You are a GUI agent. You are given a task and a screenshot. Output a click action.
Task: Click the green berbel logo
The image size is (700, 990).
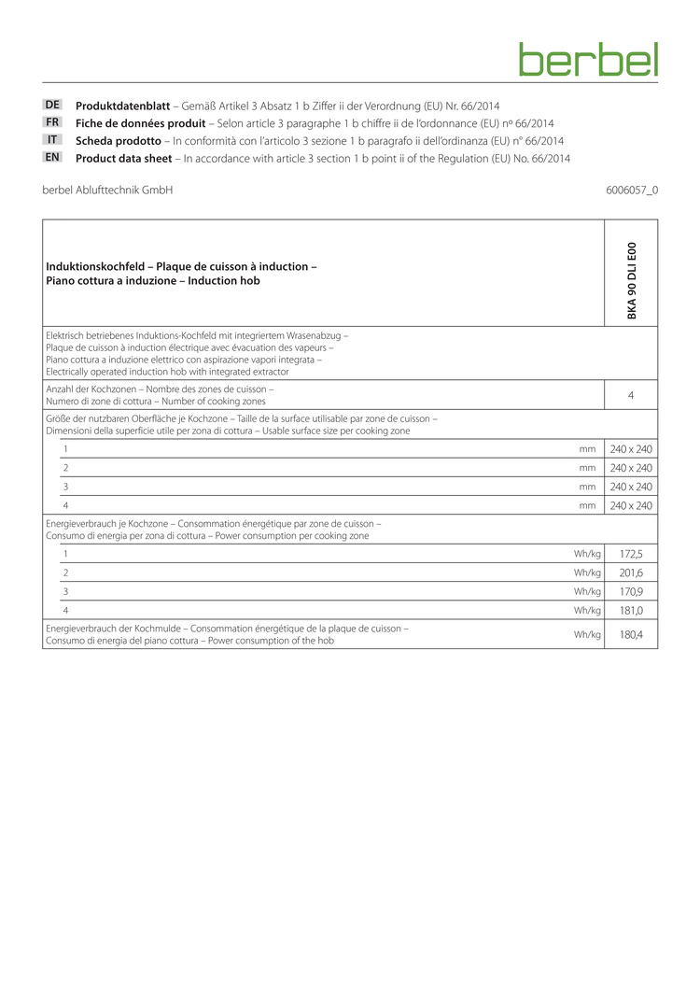588,59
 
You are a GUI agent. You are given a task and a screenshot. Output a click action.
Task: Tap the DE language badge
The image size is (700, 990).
53,105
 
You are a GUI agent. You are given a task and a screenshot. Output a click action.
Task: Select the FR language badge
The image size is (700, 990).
53,122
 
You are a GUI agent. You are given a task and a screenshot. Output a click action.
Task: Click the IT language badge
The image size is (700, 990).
53,140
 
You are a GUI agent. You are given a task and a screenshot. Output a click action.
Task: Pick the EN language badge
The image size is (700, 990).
53,158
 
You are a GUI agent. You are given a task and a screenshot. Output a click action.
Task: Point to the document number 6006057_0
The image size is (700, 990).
632,191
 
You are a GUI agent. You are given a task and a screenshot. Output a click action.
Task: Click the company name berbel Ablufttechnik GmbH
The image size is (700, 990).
107,191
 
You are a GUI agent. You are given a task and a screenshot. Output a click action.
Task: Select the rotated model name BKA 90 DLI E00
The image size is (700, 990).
632,279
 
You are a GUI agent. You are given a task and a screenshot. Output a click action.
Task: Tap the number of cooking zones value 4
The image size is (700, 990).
631,395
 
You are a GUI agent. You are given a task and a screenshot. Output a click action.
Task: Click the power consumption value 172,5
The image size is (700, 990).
632,554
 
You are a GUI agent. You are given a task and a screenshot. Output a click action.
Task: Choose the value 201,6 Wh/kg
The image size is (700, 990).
632,573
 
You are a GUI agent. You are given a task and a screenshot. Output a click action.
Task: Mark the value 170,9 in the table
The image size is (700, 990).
632,591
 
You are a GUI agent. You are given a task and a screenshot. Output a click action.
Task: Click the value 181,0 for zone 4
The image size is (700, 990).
632,611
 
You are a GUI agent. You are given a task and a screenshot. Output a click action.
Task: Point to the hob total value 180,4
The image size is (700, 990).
632,635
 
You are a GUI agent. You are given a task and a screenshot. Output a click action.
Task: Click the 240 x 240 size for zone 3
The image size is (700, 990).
632,487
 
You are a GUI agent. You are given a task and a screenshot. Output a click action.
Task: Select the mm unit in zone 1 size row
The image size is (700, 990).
587,449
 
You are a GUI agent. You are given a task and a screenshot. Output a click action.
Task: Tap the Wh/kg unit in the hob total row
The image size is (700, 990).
587,635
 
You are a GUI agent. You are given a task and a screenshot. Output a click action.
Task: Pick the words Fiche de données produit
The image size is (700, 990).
140,123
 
